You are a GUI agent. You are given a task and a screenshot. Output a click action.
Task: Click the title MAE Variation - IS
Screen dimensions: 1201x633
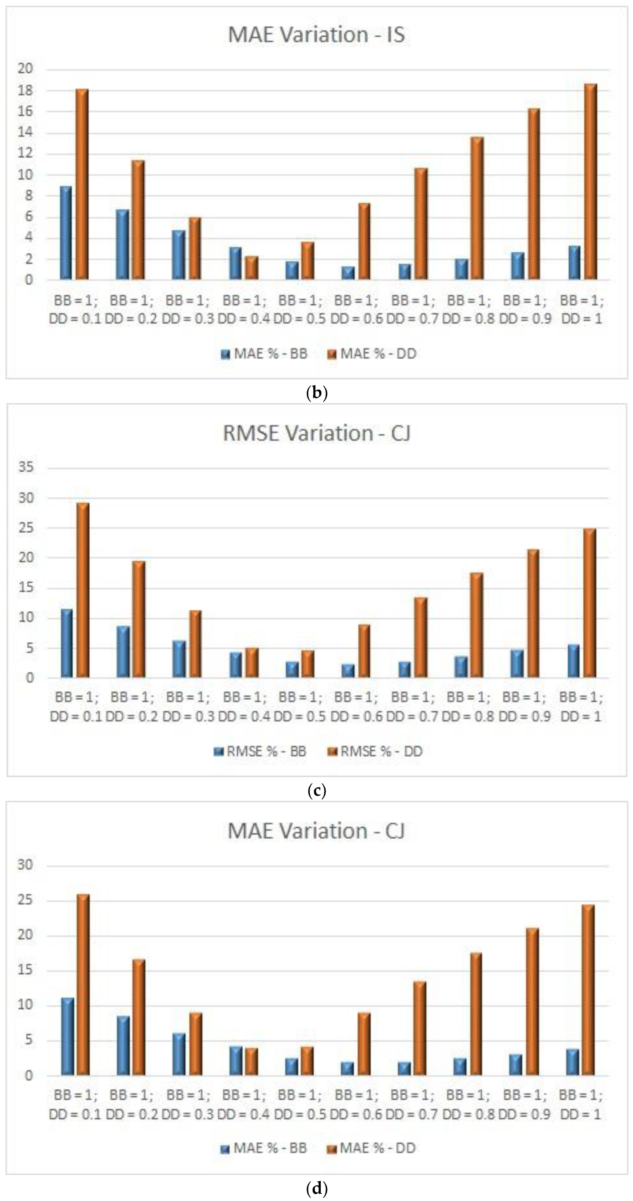[x=316, y=35]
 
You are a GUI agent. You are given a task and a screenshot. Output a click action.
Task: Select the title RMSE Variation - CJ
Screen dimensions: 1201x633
[x=316, y=433]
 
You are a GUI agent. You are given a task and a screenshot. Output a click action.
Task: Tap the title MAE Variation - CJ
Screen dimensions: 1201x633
[x=316, y=831]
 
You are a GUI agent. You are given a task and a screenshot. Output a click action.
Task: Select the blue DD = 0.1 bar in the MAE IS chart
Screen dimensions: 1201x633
[x=66, y=233]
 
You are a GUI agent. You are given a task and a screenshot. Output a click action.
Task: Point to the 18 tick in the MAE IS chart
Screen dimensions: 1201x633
[x=26, y=91]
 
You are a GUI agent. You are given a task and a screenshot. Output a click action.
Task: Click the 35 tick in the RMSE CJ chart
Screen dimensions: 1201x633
[x=26, y=468]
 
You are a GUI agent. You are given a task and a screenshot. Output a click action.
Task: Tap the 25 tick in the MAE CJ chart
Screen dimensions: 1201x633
[x=26, y=900]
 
